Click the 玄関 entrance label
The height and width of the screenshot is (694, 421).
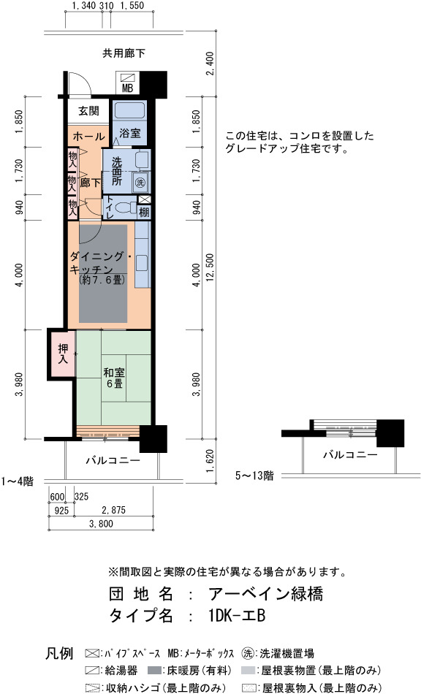point(88,110)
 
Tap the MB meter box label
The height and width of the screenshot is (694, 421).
point(127,88)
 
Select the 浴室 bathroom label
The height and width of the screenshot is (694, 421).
point(130,132)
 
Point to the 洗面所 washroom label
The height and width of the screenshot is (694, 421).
point(116,171)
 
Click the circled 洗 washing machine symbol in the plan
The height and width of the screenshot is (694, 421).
point(140,182)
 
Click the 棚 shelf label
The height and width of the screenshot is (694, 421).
point(144,212)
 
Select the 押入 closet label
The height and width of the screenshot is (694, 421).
point(63,354)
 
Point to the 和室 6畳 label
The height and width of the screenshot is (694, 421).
point(114,378)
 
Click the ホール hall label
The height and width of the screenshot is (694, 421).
point(88,136)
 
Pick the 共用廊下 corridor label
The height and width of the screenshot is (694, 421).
point(124,53)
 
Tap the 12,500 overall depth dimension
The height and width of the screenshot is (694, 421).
point(209,270)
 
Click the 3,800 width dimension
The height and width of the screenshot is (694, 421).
point(101,524)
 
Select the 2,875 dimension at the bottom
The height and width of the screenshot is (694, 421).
point(113,510)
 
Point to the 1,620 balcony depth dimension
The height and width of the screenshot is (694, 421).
point(210,461)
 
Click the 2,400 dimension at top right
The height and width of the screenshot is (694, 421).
point(210,64)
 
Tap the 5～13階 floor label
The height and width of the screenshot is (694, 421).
point(254,476)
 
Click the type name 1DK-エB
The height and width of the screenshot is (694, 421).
point(235,615)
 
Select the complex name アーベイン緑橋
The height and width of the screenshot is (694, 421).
point(265,593)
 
